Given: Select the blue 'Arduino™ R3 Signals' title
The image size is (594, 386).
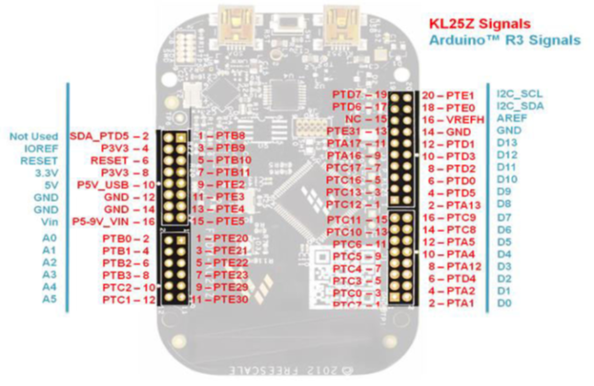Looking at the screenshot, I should [506, 39].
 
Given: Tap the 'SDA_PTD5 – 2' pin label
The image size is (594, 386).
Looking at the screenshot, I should [107, 136].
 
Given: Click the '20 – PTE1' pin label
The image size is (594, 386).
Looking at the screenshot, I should [447, 95].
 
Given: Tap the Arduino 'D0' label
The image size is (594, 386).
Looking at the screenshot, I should [504, 303].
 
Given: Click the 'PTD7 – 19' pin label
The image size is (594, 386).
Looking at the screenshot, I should [359, 95].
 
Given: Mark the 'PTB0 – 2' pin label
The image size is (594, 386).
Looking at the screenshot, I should [124, 238].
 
